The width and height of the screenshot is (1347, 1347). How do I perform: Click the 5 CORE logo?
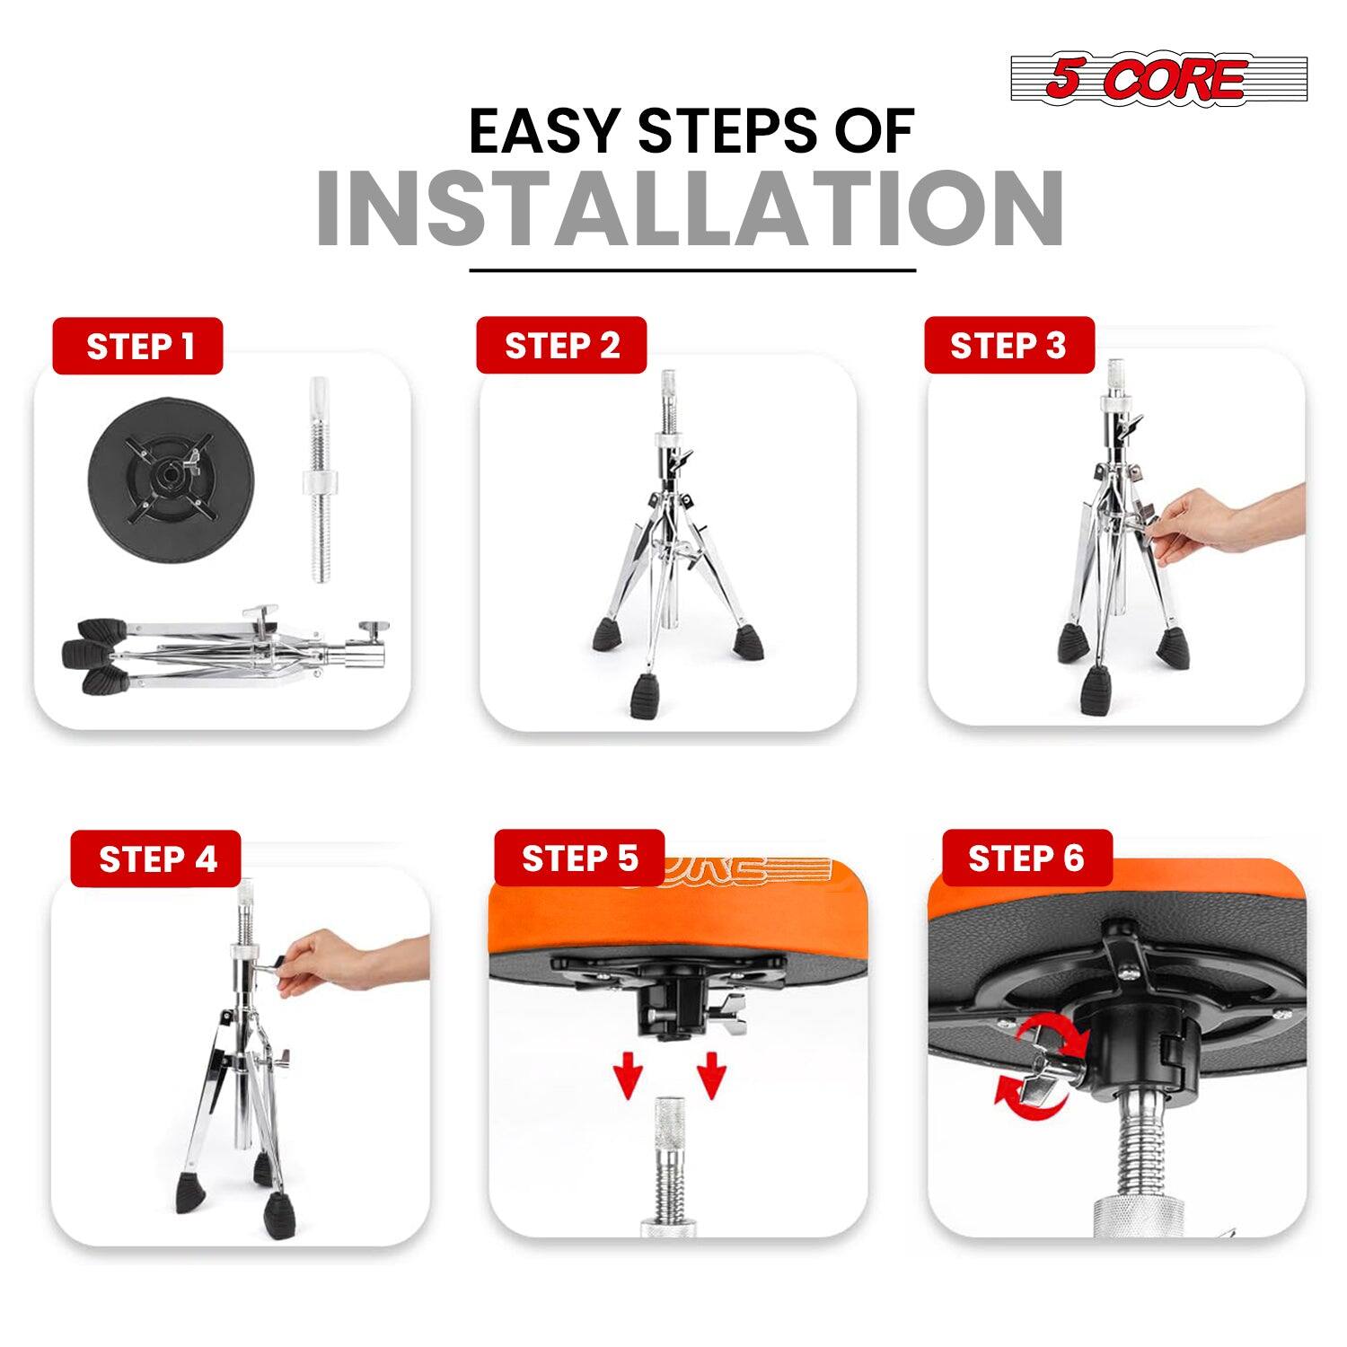[1158, 79]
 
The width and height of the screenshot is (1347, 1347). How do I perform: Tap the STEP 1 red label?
[138, 347]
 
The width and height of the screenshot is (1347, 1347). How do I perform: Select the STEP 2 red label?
[561, 346]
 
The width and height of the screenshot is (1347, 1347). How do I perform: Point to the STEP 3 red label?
[1008, 346]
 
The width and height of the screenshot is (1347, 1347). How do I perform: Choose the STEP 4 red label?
[157, 859]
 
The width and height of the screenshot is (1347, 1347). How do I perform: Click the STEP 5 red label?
[579, 858]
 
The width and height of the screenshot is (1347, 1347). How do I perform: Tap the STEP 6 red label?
[1026, 858]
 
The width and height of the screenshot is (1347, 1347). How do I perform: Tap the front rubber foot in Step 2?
[645, 696]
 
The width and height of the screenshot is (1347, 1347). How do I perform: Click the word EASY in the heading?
[543, 132]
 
